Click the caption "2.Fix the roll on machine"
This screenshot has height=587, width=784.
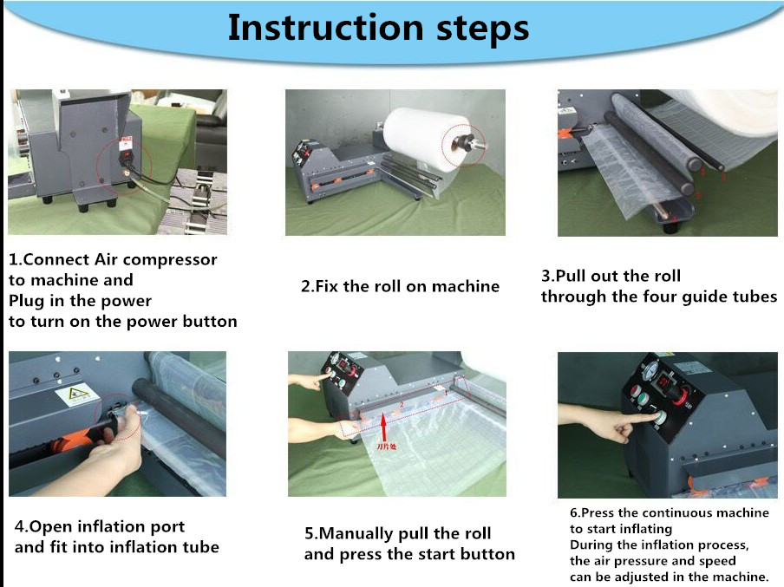(x=400, y=286)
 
